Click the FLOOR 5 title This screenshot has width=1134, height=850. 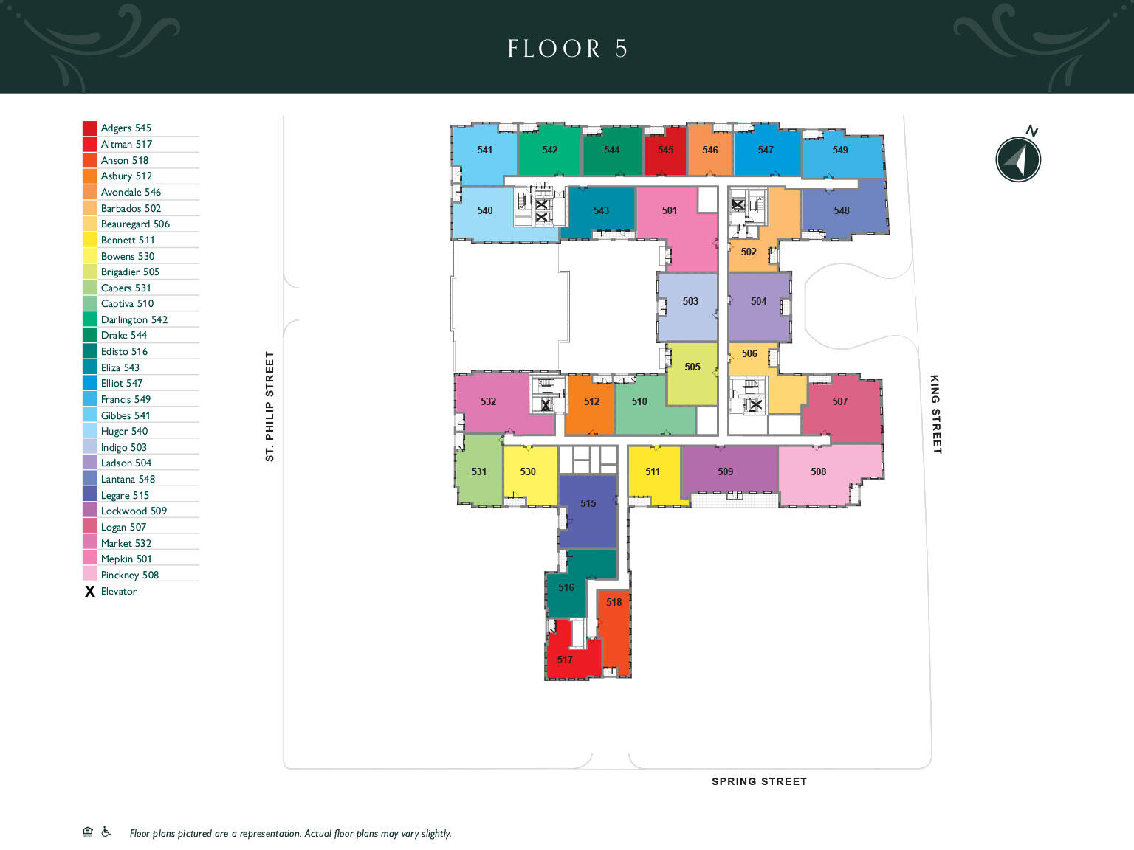(567, 49)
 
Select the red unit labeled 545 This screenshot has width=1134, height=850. (665, 151)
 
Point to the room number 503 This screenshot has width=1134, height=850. (690, 301)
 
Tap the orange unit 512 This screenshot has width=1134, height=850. (589, 404)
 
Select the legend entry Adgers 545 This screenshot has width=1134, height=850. (126, 128)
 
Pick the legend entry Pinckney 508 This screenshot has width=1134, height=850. (130, 575)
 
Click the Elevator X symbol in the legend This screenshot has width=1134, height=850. (90, 592)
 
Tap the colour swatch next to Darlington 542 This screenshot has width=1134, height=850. (90, 319)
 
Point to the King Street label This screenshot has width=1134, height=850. (935, 415)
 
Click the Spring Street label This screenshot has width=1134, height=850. (759, 781)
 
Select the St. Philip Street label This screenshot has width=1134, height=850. (269, 406)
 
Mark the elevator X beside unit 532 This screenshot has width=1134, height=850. (546, 405)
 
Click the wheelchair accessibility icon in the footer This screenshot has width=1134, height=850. (106, 832)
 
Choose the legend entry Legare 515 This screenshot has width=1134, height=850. (125, 495)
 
